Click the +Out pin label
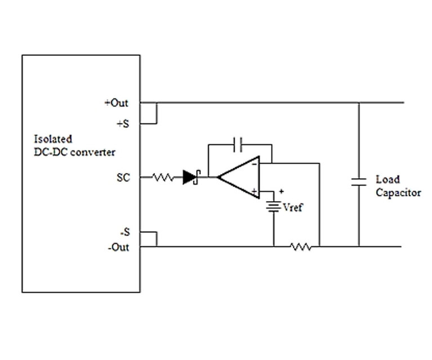tap(116, 103)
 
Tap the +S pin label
tap(122, 123)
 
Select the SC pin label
tap(122, 178)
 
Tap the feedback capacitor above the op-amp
tap(239, 144)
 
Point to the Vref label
tap(292, 208)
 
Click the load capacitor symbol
tap(358, 181)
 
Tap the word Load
tap(388, 180)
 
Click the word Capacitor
tap(398, 193)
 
